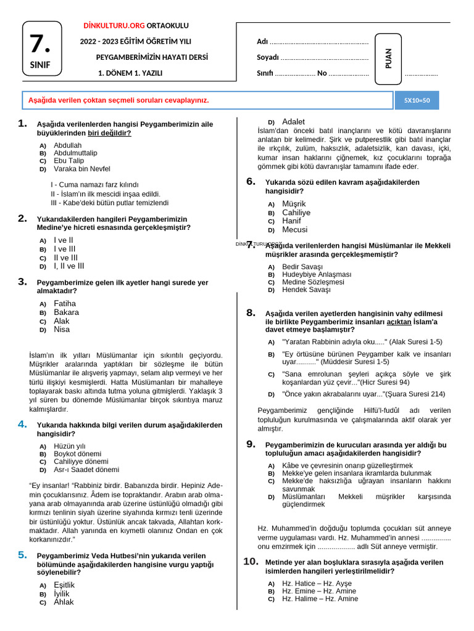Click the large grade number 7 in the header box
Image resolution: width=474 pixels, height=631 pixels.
tap(41, 44)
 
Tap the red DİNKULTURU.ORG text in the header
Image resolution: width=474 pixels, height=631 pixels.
tap(114, 25)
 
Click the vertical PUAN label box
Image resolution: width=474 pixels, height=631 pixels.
tap(388, 59)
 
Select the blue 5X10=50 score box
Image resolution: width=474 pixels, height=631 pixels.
tap(417, 100)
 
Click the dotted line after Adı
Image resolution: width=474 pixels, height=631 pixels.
tap(319, 42)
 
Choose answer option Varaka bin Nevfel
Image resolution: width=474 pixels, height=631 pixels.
tap(81, 168)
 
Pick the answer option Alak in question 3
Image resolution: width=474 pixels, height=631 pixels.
tap(62, 320)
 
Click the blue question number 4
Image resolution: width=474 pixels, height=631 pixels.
tap(23, 424)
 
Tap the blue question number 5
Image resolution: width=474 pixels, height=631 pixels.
tap(23, 555)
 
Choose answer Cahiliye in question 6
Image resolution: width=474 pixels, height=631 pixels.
tap(296, 212)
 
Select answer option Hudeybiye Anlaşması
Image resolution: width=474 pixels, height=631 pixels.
tap(316, 274)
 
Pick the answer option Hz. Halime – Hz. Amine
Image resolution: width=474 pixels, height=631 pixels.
tap(320, 598)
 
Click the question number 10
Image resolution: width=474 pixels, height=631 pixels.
tap(250, 561)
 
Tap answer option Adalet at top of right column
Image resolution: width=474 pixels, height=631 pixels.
tap(293, 121)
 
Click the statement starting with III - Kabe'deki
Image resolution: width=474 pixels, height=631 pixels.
tap(109, 202)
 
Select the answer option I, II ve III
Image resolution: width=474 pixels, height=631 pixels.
tap(69, 266)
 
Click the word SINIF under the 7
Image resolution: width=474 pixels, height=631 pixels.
tap(41, 65)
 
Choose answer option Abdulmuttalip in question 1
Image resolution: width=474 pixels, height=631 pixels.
tap(75, 153)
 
